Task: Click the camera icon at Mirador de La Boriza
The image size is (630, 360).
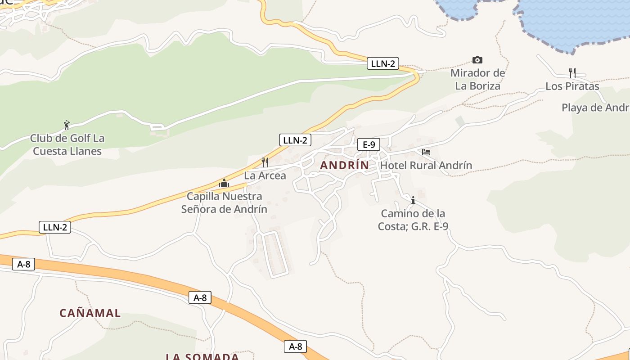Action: (477, 60)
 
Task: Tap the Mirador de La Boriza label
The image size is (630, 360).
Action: (477, 79)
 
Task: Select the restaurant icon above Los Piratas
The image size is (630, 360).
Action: (572, 72)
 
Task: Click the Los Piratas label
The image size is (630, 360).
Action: (572, 86)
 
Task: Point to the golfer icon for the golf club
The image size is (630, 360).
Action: (67, 125)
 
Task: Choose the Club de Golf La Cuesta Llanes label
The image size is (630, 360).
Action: (67, 144)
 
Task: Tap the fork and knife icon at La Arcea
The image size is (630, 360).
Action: (265, 162)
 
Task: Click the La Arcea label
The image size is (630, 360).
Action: (265, 175)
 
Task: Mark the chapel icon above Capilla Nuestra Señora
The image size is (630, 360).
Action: (224, 183)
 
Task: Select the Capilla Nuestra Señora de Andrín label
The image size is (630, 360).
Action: (224, 202)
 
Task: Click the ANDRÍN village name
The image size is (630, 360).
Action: (344, 165)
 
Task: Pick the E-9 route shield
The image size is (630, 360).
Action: (369, 144)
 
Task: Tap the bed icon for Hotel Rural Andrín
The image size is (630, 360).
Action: (426, 152)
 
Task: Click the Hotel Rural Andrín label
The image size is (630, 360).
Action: (426, 165)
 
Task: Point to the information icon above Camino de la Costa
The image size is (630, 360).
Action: (413, 200)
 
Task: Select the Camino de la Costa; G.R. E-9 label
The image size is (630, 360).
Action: (413, 220)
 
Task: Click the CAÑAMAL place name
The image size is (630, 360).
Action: (90, 313)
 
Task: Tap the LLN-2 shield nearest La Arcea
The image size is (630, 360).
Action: (295, 140)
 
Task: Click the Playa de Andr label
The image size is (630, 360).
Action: (595, 108)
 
